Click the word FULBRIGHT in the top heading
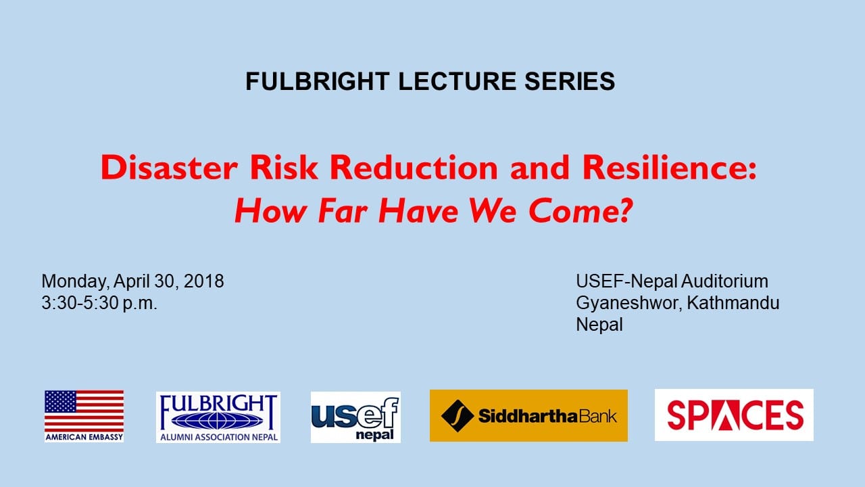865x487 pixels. click(318, 81)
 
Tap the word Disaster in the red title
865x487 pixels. click(169, 167)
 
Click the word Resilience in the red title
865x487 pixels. click(665, 167)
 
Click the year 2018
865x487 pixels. click(204, 281)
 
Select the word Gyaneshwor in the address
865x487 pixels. click(626, 304)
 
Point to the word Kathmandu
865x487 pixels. click(733, 302)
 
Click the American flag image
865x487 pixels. click(84, 411)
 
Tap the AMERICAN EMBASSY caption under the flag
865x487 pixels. click(84, 437)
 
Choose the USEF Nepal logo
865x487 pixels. click(355, 417)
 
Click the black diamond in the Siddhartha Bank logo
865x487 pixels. click(458, 416)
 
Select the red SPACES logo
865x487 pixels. click(734, 415)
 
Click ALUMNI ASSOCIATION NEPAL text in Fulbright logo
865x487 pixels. click(218, 437)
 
